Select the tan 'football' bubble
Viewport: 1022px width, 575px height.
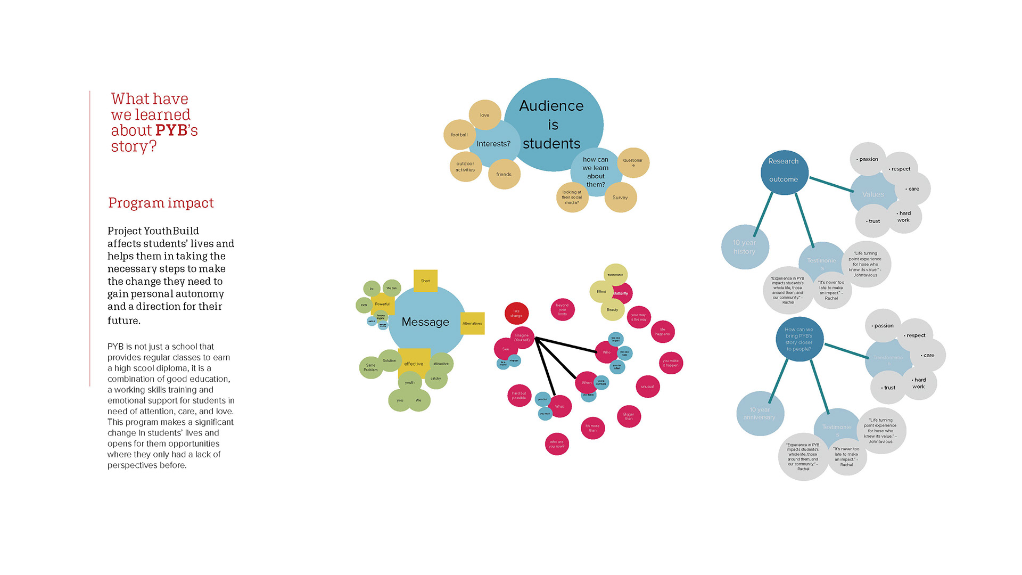click(x=459, y=135)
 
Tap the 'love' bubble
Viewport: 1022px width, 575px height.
click(x=484, y=115)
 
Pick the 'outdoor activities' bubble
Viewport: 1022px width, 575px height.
click(x=465, y=167)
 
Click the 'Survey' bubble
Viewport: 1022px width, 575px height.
click(x=620, y=198)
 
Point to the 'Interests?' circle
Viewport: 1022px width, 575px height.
click(x=493, y=144)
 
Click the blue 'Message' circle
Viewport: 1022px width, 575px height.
click(x=425, y=322)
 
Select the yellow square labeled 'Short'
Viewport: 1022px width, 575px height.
click(x=425, y=281)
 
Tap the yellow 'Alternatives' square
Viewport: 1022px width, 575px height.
click(x=472, y=323)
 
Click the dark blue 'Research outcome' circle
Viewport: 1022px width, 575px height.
click(x=784, y=170)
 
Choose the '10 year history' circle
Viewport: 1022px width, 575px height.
click(x=744, y=247)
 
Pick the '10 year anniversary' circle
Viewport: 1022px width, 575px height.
click(x=760, y=414)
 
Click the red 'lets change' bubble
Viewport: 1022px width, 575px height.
click(x=516, y=313)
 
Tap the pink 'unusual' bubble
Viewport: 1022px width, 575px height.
click(x=647, y=387)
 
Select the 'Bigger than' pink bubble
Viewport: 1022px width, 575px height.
click(x=629, y=416)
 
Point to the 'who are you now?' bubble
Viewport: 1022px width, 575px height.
click(x=557, y=444)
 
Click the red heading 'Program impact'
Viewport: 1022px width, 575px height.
click(x=161, y=203)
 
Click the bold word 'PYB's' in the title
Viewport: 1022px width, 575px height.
click(x=176, y=130)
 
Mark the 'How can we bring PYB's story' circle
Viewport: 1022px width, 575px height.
click(x=799, y=339)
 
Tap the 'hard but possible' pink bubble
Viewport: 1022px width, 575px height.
click(x=519, y=396)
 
